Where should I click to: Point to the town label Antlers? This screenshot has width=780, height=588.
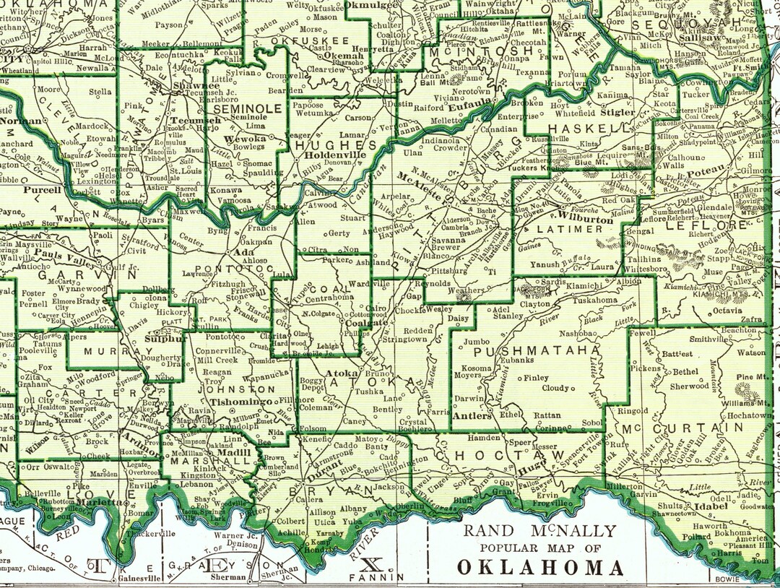472,416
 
